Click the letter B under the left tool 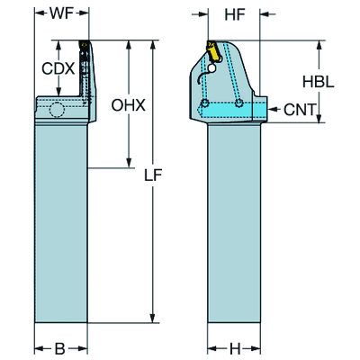click(60, 347)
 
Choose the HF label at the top click(235, 15)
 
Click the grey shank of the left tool click(60, 225)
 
